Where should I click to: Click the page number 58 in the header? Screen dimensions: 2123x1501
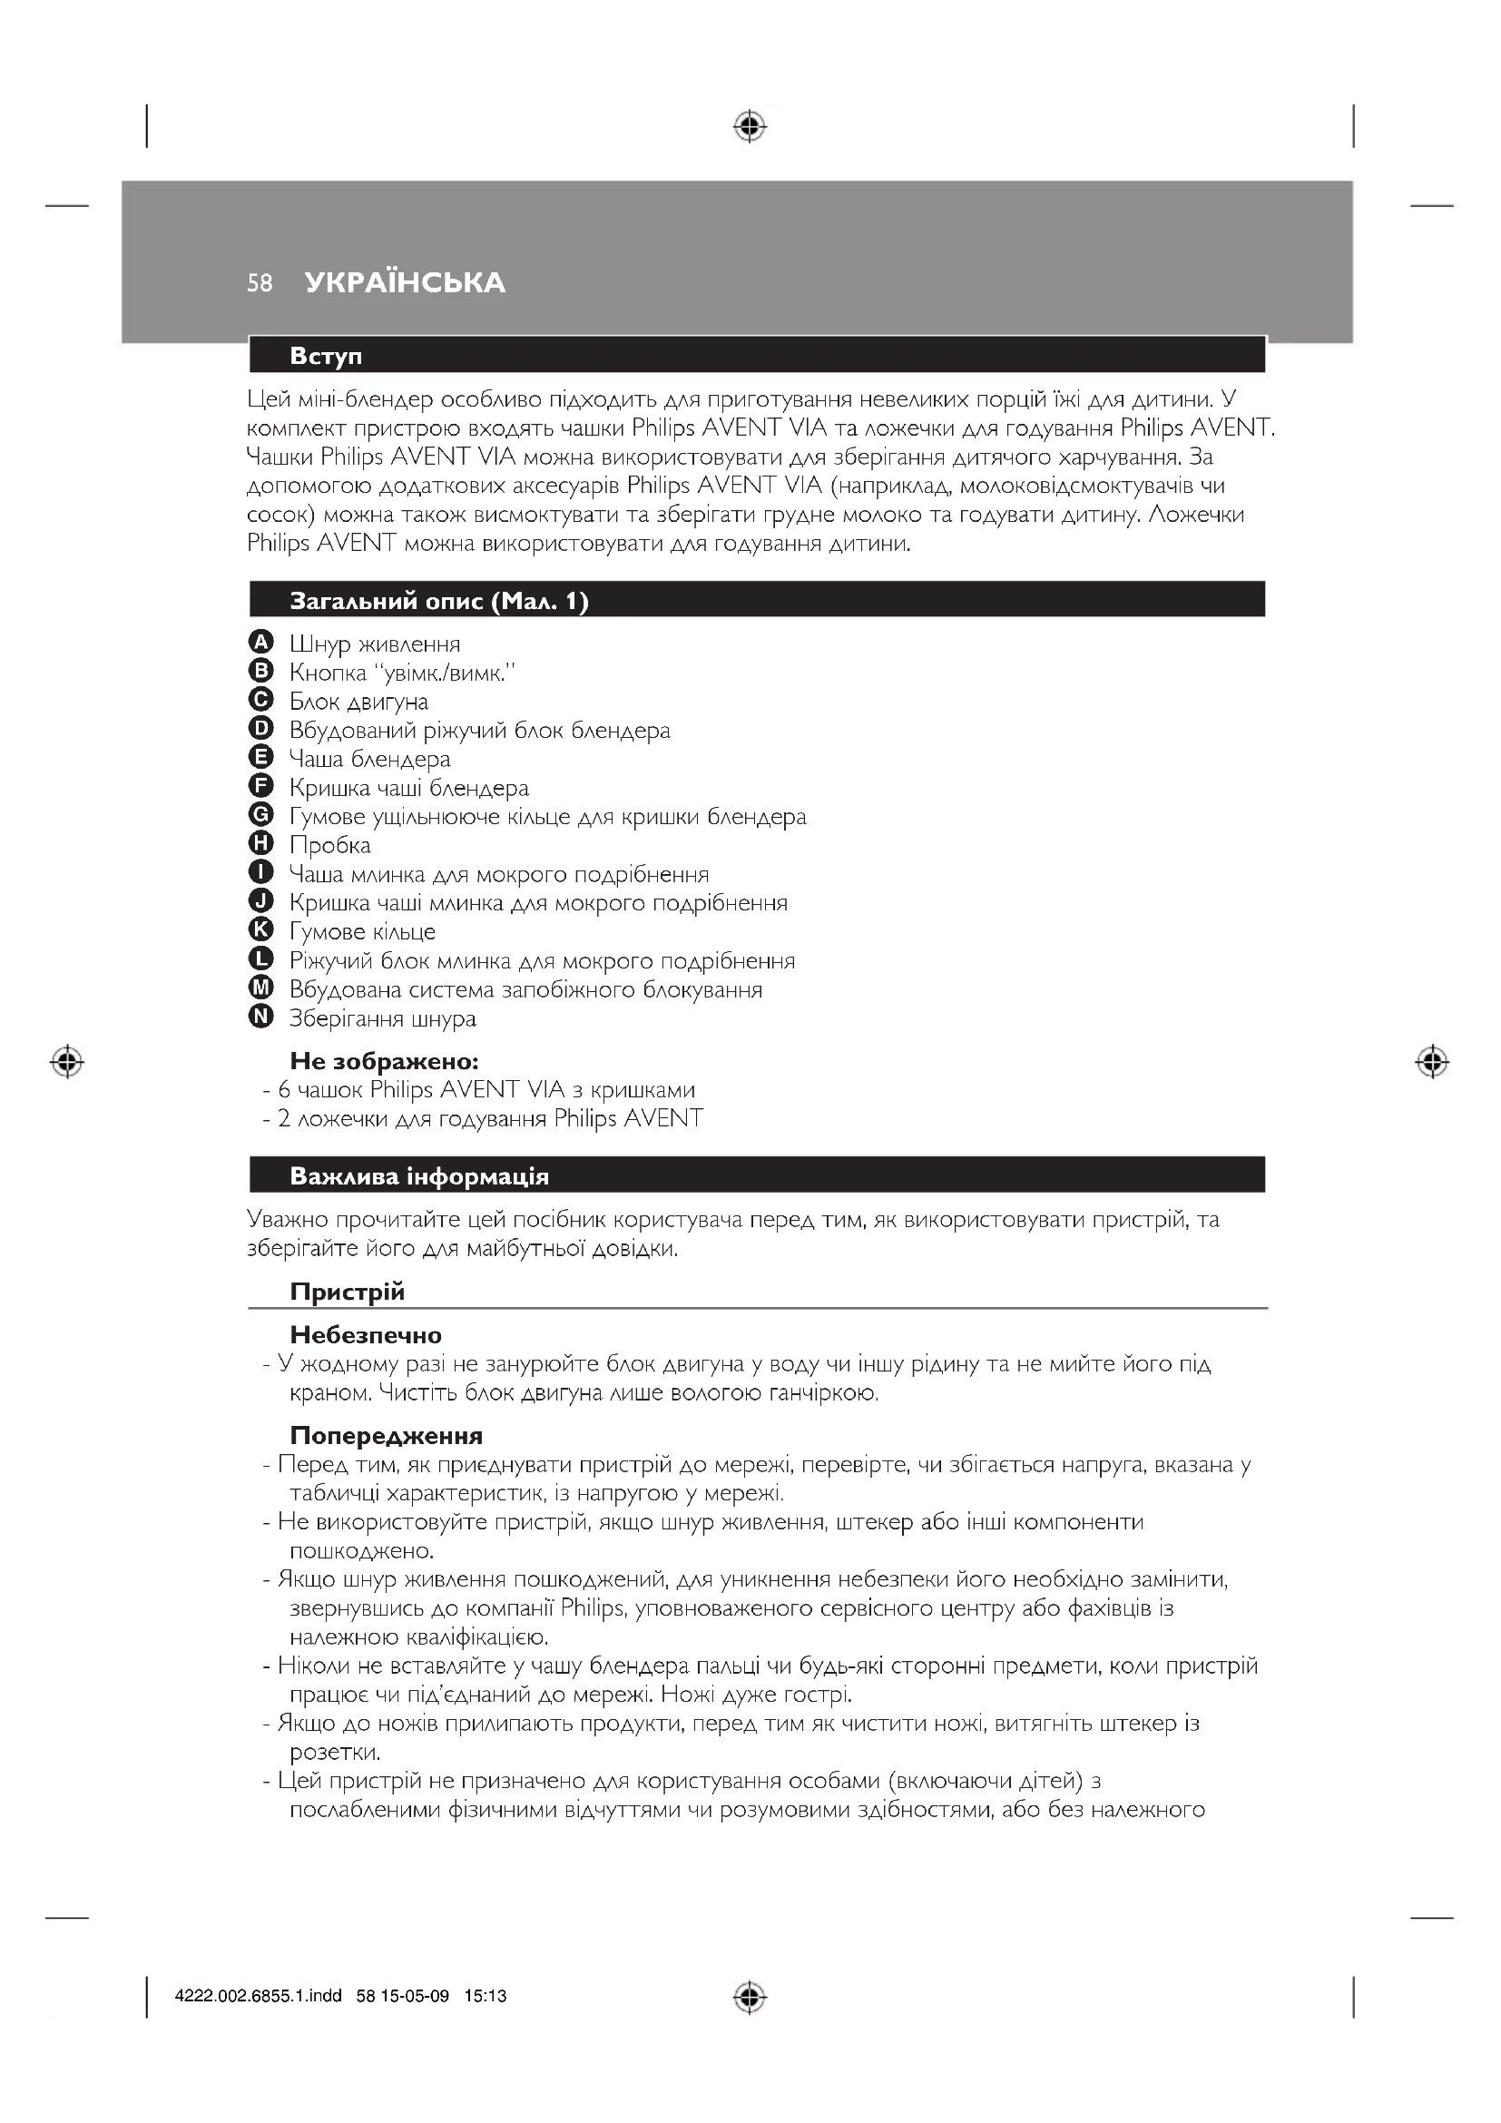click(260, 283)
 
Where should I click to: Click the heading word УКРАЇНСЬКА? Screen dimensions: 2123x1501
click(405, 283)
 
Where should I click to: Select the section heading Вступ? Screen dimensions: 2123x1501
click(326, 356)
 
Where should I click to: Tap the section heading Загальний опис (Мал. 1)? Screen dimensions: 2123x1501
click(439, 601)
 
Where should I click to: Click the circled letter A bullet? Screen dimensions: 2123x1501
click(261, 643)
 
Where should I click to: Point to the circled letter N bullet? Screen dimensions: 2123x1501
click(261, 1017)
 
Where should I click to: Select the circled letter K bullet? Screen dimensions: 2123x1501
click(261, 930)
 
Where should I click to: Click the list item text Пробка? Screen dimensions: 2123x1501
click(330, 845)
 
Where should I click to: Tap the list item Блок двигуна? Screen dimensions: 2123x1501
click(358, 702)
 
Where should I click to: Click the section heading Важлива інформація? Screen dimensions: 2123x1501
click(418, 1176)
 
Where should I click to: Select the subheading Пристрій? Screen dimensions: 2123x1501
click(347, 1292)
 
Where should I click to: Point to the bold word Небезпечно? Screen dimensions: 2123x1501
click(365, 1335)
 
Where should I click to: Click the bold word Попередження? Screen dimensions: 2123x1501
click(386, 1436)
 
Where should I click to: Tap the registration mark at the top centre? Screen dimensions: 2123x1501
click(750, 126)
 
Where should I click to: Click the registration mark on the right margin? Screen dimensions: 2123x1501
click(1431, 1063)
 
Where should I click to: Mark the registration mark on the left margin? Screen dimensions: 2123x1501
click(67, 1063)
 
